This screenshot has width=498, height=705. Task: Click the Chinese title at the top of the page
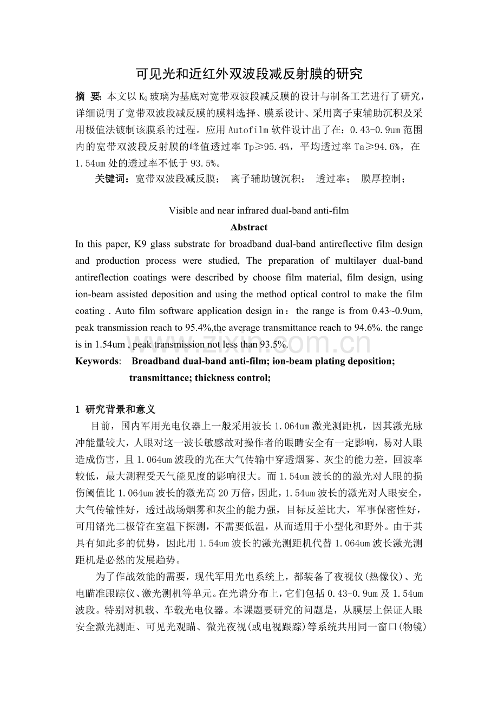248,74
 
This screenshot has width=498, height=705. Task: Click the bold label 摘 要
89,97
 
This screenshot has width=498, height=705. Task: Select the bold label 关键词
112,179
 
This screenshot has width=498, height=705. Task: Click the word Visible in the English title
182,211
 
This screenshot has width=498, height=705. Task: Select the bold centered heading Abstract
248,227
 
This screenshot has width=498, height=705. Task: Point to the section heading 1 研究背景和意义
115,409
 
